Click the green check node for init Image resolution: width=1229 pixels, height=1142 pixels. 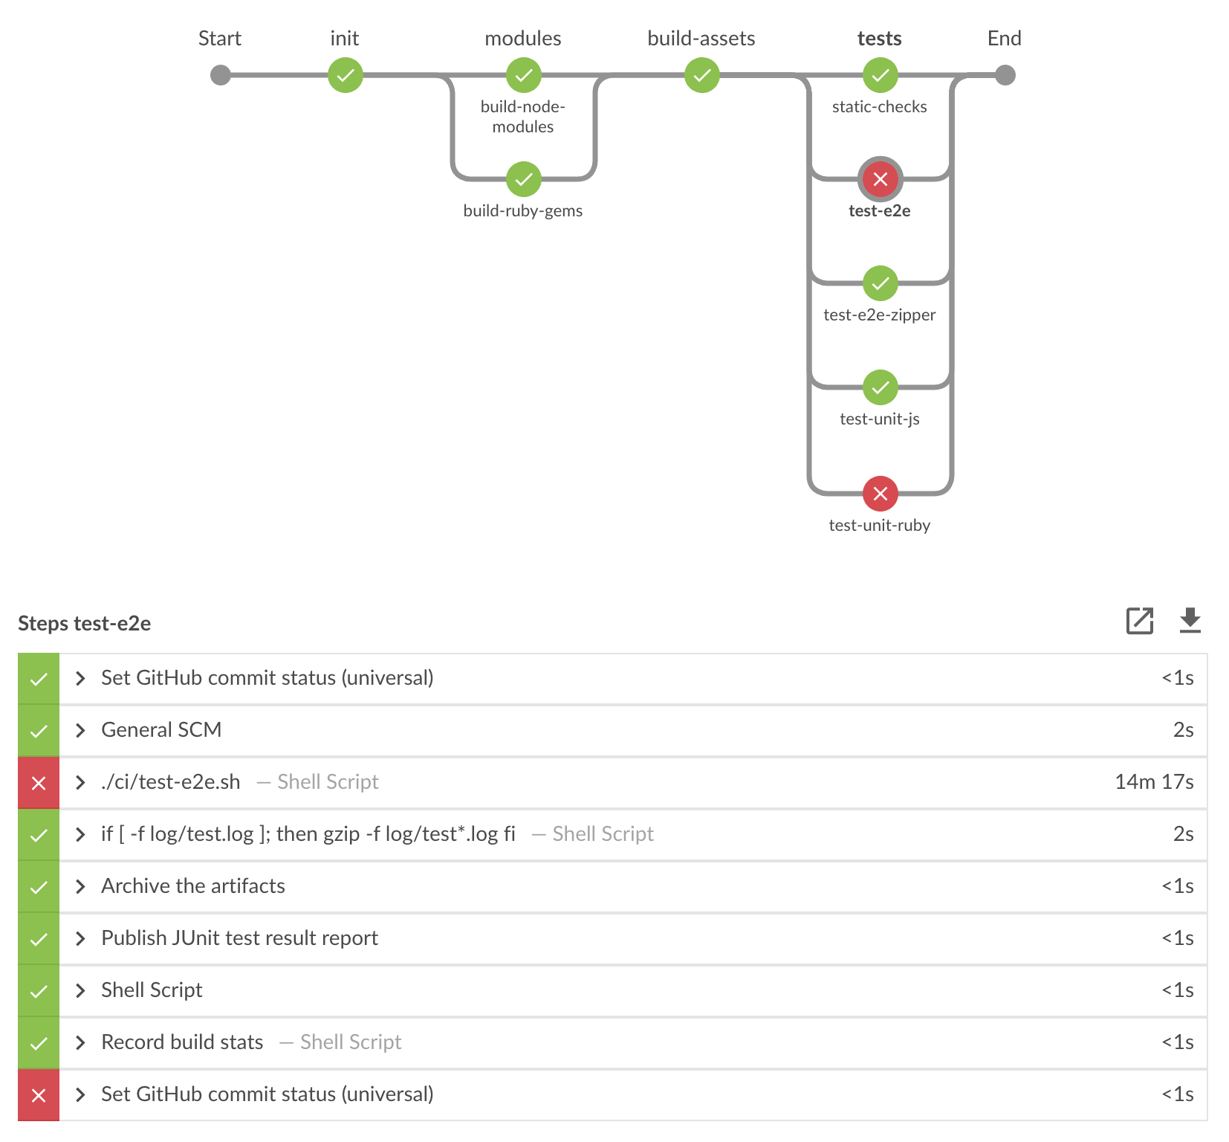click(346, 75)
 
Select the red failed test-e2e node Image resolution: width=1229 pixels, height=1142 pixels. click(881, 179)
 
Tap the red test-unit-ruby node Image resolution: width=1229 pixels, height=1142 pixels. click(881, 494)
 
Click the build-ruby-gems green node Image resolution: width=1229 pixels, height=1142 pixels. click(524, 179)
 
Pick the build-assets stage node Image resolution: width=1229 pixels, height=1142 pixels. click(702, 75)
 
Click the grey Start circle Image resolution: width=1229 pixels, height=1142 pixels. click(221, 75)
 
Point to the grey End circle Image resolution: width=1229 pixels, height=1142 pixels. click(1005, 75)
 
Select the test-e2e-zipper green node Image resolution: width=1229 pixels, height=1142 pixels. click(881, 283)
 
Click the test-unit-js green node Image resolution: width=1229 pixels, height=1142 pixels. click(881, 387)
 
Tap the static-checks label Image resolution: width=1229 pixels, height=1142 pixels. click(879, 107)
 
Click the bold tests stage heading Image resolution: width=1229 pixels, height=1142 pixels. click(879, 39)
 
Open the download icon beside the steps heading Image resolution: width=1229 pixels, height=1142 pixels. click(1190, 621)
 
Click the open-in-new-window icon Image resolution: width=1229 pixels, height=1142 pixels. click(1139, 621)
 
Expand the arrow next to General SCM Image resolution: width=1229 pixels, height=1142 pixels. click(80, 731)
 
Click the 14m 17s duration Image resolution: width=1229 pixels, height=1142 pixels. click(1153, 782)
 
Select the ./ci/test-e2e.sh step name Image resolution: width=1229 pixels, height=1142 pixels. click(171, 782)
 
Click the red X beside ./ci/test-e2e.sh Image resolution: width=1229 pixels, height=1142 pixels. click(39, 783)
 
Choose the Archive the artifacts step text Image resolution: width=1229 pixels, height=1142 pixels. click(193, 886)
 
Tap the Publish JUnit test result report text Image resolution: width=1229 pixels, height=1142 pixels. click(239, 938)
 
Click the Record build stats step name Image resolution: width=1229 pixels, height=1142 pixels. click(182, 1042)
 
